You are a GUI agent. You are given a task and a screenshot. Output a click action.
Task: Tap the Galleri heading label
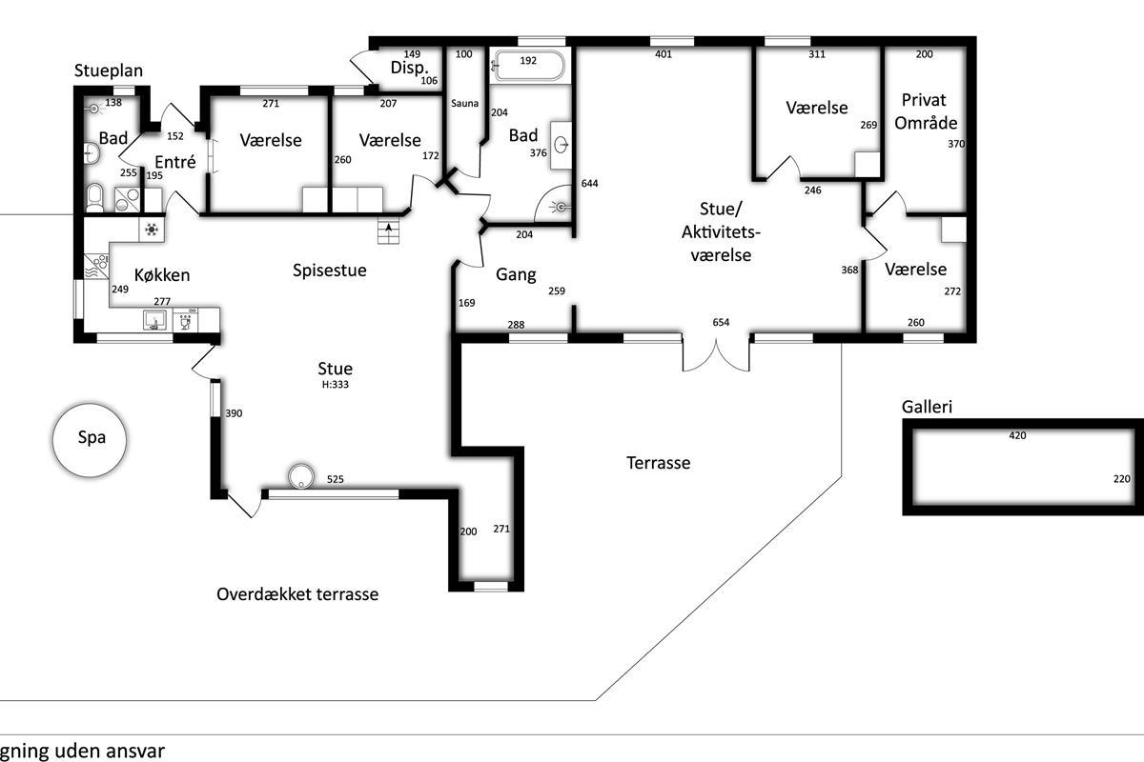[x=927, y=407]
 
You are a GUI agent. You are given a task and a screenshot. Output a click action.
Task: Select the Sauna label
[x=465, y=104]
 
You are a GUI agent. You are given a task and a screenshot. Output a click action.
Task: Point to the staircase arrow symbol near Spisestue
[x=388, y=231]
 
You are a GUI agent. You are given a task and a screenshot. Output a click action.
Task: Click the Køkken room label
[x=162, y=275]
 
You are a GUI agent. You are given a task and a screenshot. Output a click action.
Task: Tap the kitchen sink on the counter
[x=153, y=320]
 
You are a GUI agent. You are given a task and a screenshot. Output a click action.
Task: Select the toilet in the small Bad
[x=94, y=196]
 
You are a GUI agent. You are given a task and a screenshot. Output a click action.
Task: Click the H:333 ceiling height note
[x=335, y=384]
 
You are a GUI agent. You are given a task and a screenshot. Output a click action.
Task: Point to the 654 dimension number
[x=721, y=322]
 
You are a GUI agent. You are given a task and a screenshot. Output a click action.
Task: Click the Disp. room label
[x=409, y=68]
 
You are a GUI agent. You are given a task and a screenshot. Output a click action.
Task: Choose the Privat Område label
[x=926, y=111]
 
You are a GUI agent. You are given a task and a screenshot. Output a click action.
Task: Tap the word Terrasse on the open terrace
[x=659, y=463]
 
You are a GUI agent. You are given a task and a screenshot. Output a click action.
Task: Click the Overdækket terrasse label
[x=297, y=594]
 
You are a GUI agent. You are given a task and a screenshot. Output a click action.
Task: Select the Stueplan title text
[x=109, y=70]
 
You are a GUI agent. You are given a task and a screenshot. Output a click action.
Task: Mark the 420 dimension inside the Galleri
[x=1017, y=435]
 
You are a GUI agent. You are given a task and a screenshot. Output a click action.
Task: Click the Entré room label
[x=175, y=162]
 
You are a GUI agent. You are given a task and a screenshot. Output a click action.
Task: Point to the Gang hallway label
[x=516, y=275]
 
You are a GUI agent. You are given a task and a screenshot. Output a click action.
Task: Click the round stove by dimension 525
[x=301, y=476]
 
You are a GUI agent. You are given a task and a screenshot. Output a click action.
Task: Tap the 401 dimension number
[x=664, y=54]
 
